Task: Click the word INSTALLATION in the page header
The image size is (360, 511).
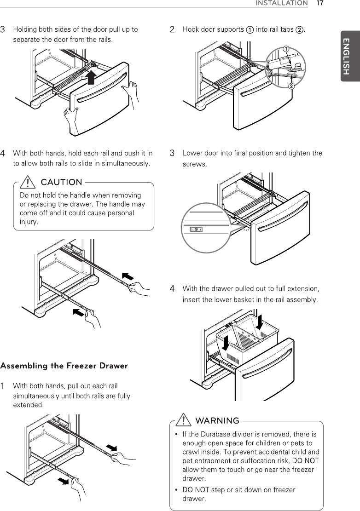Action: coord(282,3)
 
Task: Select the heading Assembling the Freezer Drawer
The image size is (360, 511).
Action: coord(64,366)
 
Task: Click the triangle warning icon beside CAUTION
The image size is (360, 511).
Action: coord(29,183)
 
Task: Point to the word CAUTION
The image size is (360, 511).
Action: coord(62,183)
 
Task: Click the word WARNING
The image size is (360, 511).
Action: coord(217,421)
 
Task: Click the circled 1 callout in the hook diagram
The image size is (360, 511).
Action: coord(285,49)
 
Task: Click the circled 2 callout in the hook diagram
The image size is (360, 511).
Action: coord(291,86)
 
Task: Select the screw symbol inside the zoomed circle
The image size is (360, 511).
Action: coord(196,229)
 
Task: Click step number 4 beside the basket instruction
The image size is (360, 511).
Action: coord(172,289)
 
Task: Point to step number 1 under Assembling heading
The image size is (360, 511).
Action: coord(3,385)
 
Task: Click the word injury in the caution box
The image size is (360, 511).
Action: coord(29,222)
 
